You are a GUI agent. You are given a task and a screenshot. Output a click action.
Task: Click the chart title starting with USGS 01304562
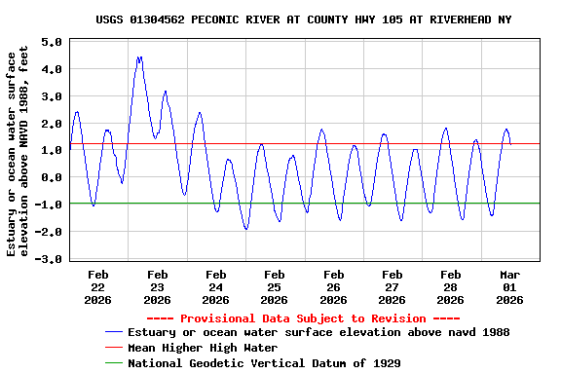[303, 19]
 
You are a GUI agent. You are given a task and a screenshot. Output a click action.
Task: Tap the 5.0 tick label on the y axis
[52, 43]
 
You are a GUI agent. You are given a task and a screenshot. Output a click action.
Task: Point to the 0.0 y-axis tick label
[52, 178]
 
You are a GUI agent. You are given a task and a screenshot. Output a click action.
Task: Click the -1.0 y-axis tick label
[49, 206]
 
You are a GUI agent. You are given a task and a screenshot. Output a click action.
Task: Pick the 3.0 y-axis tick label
[52, 96]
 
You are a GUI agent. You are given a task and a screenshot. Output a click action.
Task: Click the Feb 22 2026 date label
[98, 287]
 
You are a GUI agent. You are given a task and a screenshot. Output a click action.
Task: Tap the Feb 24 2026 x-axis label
[216, 287]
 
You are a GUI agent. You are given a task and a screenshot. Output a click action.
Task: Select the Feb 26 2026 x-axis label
[333, 287]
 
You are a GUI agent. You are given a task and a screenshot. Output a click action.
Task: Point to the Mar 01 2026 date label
[509, 287]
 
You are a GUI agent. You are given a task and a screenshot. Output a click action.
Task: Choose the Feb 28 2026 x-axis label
[451, 287]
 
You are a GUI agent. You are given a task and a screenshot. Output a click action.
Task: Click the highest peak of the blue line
[139, 57]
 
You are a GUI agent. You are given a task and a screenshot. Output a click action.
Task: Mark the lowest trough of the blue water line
[246, 229]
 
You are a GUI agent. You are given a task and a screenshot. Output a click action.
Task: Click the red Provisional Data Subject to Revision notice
[303, 318]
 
